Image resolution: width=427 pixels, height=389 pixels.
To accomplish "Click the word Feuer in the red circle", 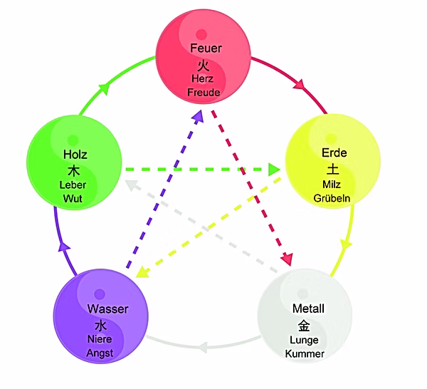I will point(206,48).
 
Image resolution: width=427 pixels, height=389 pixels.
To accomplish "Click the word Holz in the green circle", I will point(74,155).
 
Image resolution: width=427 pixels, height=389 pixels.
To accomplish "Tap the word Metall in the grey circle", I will point(308,309).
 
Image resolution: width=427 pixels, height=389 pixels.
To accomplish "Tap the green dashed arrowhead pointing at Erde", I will point(274,170).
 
